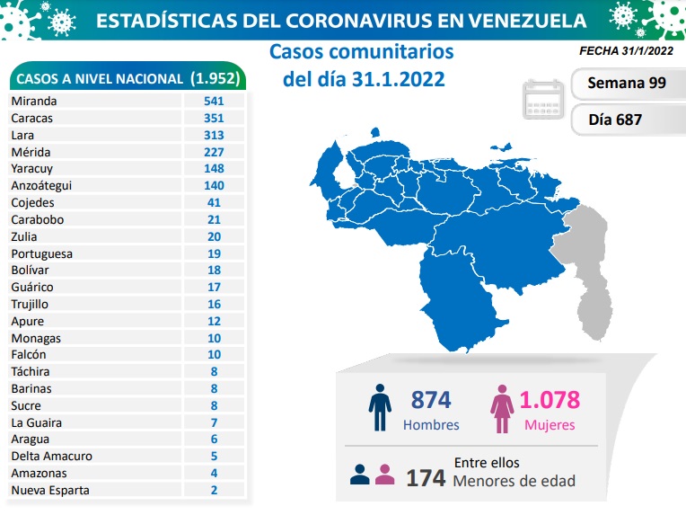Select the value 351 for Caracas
[213, 118]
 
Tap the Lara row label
[22, 135]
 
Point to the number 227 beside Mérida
[213, 152]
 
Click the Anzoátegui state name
[41, 185]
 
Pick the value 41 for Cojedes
[213, 202]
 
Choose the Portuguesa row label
[41, 253]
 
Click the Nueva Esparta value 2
[213, 490]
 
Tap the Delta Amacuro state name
[51, 456]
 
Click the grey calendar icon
[543, 100]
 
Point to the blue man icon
[380, 410]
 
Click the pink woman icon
[500, 410]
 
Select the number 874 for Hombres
[430, 400]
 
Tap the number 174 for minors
[426, 477]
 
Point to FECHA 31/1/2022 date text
[623, 51]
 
